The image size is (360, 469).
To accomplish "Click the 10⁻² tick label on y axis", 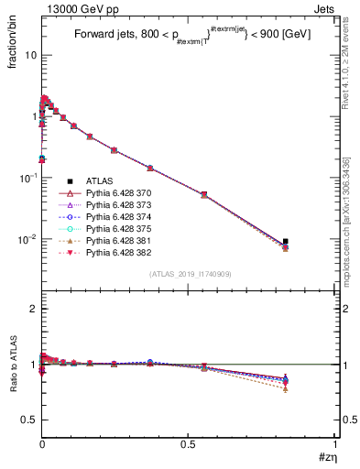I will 27,240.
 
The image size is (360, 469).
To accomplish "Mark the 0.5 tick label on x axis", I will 189,446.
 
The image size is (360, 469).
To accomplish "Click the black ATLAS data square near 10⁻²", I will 285,242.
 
